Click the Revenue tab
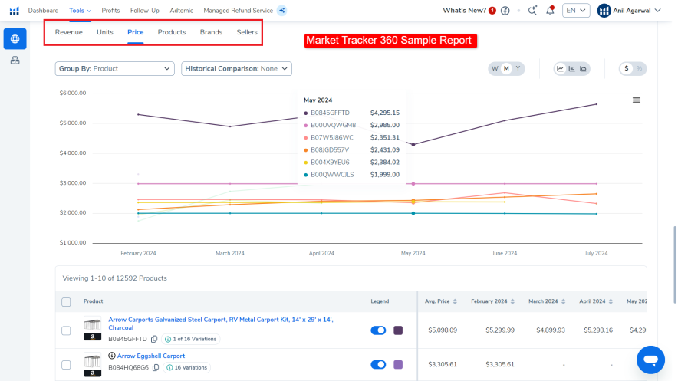[x=68, y=32]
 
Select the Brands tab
[x=211, y=32]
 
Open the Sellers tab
[x=247, y=32]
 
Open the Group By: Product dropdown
[x=115, y=68]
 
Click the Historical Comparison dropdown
[x=236, y=68]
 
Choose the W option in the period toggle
[x=495, y=68]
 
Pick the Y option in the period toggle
[x=518, y=68]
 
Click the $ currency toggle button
[x=627, y=68]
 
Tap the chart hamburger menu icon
[x=636, y=100]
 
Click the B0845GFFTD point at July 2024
[x=597, y=104]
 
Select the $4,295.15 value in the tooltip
[x=384, y=113]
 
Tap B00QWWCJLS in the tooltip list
[x=332, y=174]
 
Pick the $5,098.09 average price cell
[x=441, y=330]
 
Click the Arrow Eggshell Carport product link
[x=151, y=356]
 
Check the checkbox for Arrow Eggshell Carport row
[x=66, y=364]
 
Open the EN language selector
[x=575, y=10]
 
